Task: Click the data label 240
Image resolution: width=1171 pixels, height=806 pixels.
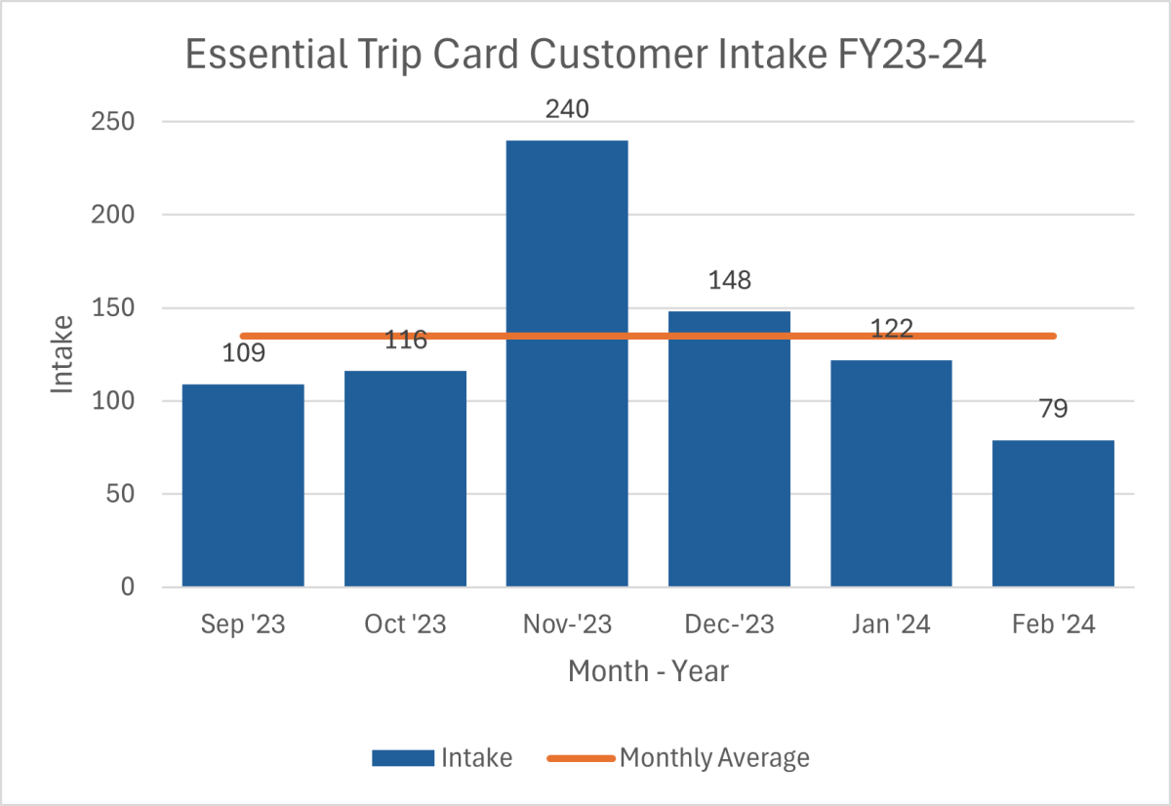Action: click(x=567, y=109)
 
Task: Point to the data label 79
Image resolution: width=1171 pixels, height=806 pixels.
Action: click(x=1053, y=409)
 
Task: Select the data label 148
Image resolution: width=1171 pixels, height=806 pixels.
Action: click(x=729, y=281)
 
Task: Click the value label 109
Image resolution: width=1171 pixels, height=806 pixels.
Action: click(x=243, y=351)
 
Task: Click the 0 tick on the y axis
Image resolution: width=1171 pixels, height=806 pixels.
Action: click(x=127, y=587)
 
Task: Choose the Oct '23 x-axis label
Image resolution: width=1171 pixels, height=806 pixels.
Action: click(x=405, y=625)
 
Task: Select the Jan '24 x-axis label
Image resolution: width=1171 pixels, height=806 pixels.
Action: click(x=891, y=625)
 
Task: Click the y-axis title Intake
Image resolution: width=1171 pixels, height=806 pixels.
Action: click(x=62, y=353)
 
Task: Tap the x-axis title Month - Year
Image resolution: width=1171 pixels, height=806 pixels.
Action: click(x=648, y=672)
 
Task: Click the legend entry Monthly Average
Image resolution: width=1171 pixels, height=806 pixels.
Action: click(x=714, y=758)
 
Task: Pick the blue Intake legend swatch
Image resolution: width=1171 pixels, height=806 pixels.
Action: click(x=402, y=758)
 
